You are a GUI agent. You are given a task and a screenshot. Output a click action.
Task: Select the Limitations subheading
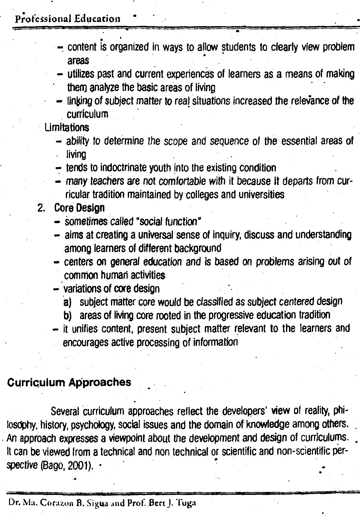[67, 128]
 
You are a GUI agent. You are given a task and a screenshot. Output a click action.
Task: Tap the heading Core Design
[79, 208]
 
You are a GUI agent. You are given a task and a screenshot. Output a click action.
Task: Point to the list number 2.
[41, 208]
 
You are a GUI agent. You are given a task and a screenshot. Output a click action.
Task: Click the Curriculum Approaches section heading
[69, 382]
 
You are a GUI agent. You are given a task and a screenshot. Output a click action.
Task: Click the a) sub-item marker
[67, 302]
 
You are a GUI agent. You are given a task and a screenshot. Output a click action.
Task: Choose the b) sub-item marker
[67, 315]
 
